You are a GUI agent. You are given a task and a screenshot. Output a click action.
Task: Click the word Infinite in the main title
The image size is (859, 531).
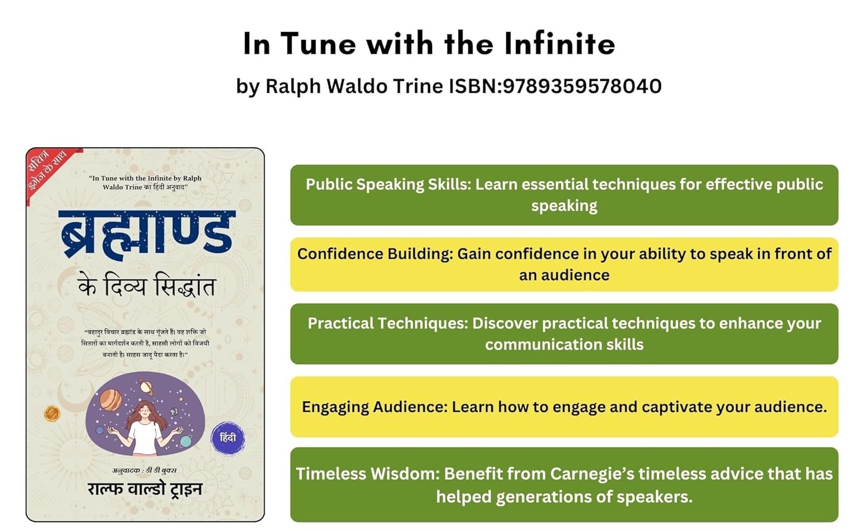click(559, 43)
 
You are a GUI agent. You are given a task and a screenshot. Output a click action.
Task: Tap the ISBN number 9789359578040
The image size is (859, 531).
click(582, 86)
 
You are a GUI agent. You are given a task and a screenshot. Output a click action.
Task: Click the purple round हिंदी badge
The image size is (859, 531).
click(228, 438)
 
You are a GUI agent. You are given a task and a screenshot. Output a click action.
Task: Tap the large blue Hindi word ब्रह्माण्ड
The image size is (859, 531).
click(147, 232)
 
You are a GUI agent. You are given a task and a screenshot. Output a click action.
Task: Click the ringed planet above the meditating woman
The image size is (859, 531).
click(146, 386)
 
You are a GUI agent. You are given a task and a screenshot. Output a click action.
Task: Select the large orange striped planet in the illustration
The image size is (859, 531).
click(111, 399)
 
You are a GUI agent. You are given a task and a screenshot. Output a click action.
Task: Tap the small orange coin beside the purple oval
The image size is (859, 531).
click(52, 413)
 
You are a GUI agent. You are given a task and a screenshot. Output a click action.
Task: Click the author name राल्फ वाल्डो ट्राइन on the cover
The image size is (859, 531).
click(145, 489)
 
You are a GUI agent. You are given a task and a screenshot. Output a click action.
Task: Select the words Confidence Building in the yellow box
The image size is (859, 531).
click(375, 254)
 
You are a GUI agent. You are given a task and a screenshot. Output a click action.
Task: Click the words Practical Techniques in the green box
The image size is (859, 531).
click(388, 323)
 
